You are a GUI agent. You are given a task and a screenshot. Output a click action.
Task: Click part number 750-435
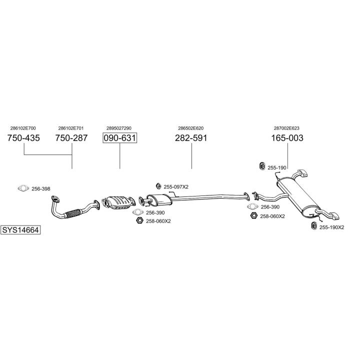click(x=24, y=138)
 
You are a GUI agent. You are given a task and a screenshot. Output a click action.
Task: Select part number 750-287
click(x=71, y=138)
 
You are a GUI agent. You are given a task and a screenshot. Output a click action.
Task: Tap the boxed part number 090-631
click(x=119, y=138)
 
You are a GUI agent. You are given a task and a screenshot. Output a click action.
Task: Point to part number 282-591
click(x=191, y=138)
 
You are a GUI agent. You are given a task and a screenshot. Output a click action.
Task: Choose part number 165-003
click(x=287, y=138)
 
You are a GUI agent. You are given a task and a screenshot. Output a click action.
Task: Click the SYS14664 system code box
click(x=20, y=230)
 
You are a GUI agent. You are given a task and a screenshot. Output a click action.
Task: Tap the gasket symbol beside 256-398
click(x=22, y=188)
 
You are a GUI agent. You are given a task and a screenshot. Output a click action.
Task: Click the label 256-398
click(x=41, y=188)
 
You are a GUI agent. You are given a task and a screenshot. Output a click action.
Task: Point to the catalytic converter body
click(x=118, y=201)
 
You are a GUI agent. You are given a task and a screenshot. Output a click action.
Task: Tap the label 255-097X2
click(x=176, y=186)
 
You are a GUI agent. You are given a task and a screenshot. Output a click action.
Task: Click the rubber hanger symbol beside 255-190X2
click(x=313, y=226)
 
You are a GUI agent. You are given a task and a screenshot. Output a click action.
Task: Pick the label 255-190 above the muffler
click(x=277, y=167)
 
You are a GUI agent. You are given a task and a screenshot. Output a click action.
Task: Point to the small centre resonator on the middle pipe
click(x=159, y=199)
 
